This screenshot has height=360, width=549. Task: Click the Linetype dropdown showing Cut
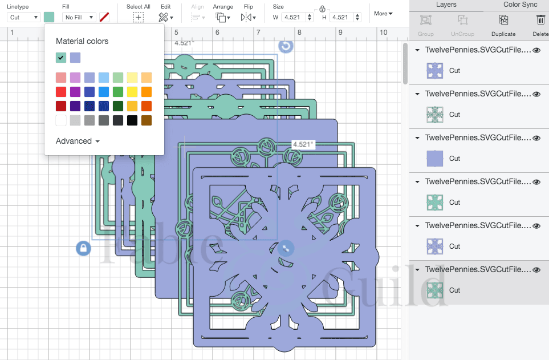click(23, 17)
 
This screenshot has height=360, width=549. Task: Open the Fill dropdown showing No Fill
click(79, 17)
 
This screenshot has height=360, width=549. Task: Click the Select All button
click(138, 17)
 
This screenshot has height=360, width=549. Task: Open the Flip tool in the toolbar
click(248, 17)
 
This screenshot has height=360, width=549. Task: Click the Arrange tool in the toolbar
click(222, 17)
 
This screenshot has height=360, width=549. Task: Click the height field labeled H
click(346, 17)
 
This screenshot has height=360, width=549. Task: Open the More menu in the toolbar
click(383, 13)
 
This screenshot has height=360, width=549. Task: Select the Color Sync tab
click(520, 5)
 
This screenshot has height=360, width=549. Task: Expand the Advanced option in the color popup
click(78, 141)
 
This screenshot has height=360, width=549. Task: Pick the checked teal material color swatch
click(61, 58)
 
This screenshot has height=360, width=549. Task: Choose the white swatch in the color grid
click(61, 120)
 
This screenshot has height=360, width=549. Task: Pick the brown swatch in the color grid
click(147, 120)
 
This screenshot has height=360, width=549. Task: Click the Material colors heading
click(82, 41)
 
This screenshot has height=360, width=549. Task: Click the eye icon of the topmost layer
click(536, 50)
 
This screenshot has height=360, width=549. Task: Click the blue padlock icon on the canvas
click(83, 248)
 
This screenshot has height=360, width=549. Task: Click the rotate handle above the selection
click(286, 46)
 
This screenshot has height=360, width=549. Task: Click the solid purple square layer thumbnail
click(435, 159)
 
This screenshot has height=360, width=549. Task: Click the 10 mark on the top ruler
click(383, 33)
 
